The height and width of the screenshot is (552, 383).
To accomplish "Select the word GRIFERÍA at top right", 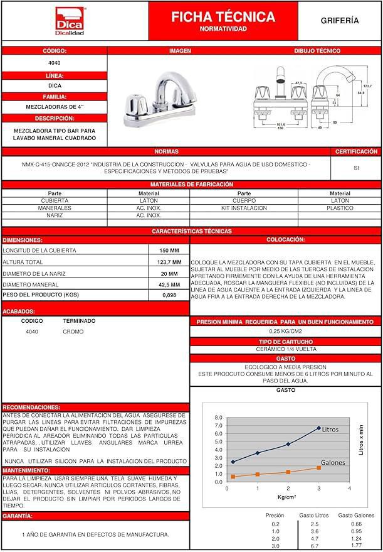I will (340, 21).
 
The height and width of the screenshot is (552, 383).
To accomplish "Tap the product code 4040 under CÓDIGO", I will (55, 63).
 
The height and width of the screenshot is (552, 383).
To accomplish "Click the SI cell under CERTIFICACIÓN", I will (356, 168).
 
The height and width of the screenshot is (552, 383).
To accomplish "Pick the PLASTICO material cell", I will (340, 208).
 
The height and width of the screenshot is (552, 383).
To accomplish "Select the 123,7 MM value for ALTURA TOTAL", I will (169, 262).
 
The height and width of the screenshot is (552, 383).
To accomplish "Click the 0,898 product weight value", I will (169, 295).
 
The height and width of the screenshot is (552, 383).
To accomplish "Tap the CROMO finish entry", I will (73, 332).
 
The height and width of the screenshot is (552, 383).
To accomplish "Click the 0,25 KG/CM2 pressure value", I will (285, 331).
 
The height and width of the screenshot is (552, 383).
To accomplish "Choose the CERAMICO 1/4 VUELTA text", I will (285, 349).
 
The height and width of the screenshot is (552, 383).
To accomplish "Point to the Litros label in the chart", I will (330, 430).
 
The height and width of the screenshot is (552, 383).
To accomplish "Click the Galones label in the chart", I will (333, 462).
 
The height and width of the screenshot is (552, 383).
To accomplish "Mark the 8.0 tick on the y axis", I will (218, 418).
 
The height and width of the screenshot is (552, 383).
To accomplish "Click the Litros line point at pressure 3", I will (318, 428).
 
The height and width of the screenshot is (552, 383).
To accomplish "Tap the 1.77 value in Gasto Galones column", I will (356, 546).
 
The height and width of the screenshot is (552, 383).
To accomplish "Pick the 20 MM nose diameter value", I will (169, 273).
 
